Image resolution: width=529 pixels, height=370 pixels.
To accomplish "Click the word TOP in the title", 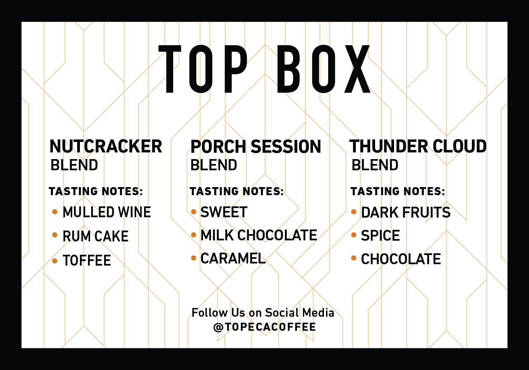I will (203, 69).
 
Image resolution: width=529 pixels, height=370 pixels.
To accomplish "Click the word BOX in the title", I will (323, 69).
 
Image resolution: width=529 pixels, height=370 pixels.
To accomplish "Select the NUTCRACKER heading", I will (106, 146).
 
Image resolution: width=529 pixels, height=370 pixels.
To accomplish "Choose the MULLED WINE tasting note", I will (107, 212).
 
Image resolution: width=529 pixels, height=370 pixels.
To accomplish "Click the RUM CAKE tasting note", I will (95, 237).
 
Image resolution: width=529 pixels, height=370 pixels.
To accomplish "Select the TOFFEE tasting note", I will (87, 261).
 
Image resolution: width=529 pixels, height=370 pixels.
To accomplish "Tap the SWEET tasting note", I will (224, 212).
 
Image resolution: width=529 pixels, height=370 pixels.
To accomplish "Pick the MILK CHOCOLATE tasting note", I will (259, 235).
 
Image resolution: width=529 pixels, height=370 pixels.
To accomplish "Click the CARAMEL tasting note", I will (233, 259).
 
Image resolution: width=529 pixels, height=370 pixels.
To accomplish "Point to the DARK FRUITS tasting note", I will (406, 213).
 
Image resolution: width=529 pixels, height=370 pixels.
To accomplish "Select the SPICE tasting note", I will (380, 236).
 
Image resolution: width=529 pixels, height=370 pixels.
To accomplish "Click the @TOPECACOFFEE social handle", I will (265, 327).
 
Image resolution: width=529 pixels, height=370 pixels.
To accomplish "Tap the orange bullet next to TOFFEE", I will (55, 260).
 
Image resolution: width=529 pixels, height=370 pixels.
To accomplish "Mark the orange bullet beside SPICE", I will (354, 235).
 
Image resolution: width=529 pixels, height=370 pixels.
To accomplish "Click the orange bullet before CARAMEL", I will (194, 258).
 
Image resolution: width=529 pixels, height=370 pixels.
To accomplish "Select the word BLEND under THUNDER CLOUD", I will (375, 165).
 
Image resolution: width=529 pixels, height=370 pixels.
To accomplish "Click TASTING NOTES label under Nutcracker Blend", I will (96, 191).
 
